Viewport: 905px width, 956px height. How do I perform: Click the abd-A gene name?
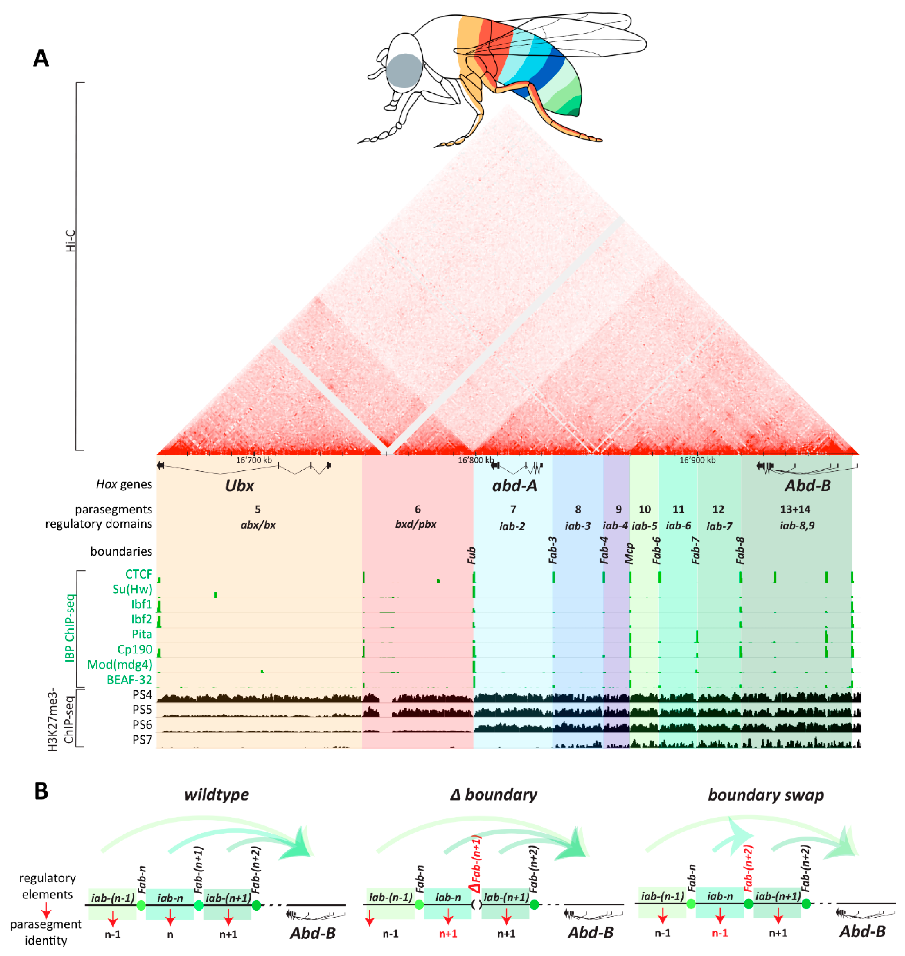tap(514, 485)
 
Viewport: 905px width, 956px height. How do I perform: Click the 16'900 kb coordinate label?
tap(697, 460)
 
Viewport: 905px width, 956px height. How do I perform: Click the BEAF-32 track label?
tap(129, 680)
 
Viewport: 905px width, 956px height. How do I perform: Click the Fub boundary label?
tap(471, 556)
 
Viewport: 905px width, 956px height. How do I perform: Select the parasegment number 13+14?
tap(795, 509)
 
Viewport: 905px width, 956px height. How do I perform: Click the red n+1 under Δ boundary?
tap(448, 934)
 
